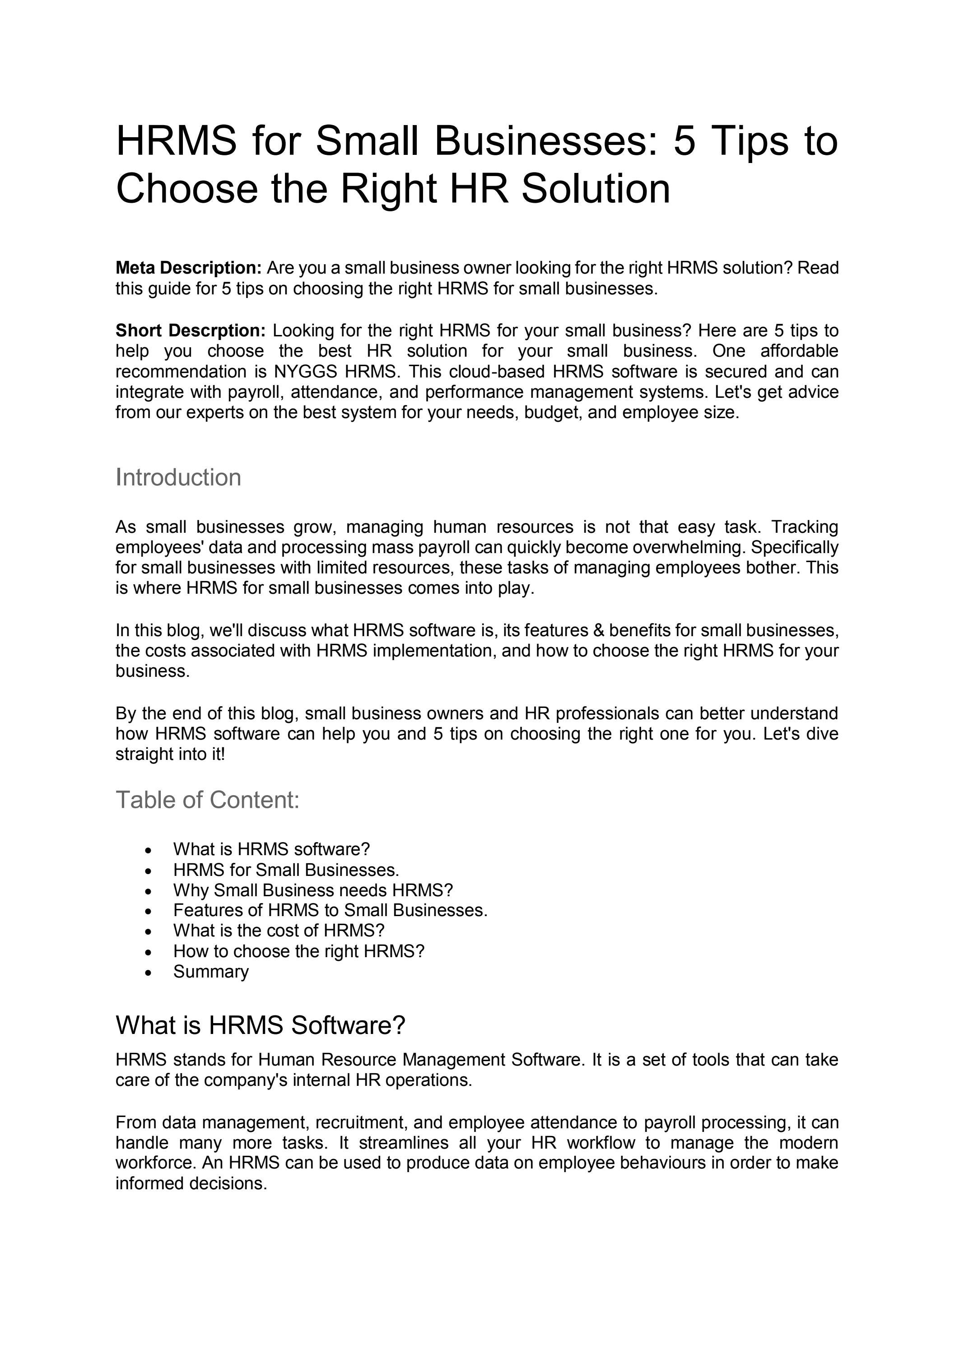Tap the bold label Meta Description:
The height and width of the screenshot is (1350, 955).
tap(188, 268)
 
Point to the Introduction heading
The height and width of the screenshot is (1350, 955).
tap(178, 477)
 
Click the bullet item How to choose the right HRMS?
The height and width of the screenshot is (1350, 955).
tap(298, 951)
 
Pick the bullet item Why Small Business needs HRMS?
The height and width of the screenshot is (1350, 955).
tap(313, 890)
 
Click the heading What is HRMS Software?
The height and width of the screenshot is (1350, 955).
tap(261, 1025)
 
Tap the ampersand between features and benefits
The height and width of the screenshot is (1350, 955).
tap(599, 630)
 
